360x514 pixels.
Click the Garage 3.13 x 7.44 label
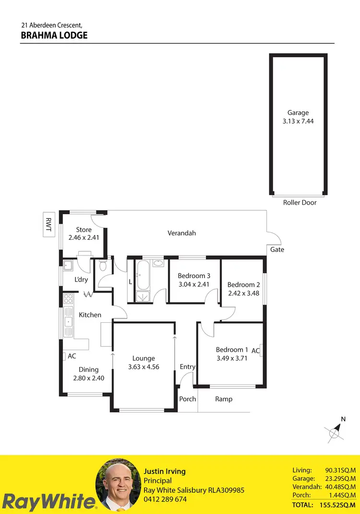[298, 117]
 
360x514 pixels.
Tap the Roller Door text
[300, 203]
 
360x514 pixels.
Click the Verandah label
[181, 233]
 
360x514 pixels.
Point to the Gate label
[277, 249]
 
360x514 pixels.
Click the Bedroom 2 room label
[243, 284]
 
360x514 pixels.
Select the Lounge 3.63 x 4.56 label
[144, 363]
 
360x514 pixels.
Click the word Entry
[187, 367]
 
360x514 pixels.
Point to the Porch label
[187, 399]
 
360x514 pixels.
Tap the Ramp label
[224, 399]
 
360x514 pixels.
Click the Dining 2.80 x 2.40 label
[88, 374]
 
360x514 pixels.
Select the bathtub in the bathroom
[143, 275]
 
